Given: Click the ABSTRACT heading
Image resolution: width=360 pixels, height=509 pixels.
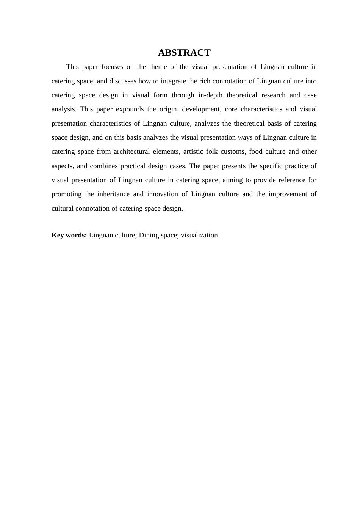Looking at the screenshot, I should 184,53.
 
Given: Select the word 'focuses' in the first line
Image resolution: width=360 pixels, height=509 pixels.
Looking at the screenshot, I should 112,67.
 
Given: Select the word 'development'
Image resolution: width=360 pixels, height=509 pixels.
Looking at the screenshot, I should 201,109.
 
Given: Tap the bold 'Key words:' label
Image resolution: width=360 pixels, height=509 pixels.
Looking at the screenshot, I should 69,235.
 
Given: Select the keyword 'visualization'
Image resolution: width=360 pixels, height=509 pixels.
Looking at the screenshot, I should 199,235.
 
